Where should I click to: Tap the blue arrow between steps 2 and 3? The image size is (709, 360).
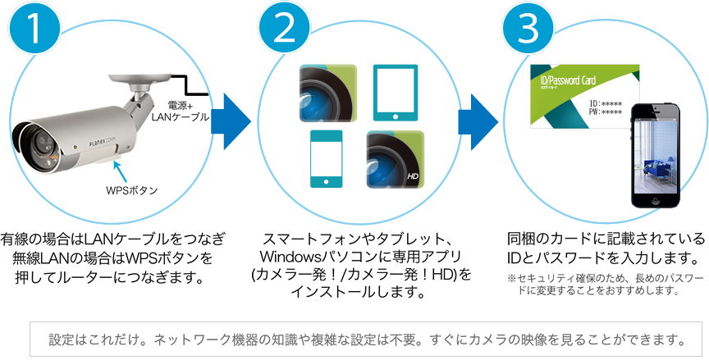pyautogui.click(x=478, y=116)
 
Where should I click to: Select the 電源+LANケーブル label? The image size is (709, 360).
pyautogui.click(x=181, y=111)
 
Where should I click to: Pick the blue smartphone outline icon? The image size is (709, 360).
pyautogui.click(x=327, y=159)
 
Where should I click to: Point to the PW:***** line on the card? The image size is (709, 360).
pyautogui.click(x=606, y=112)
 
